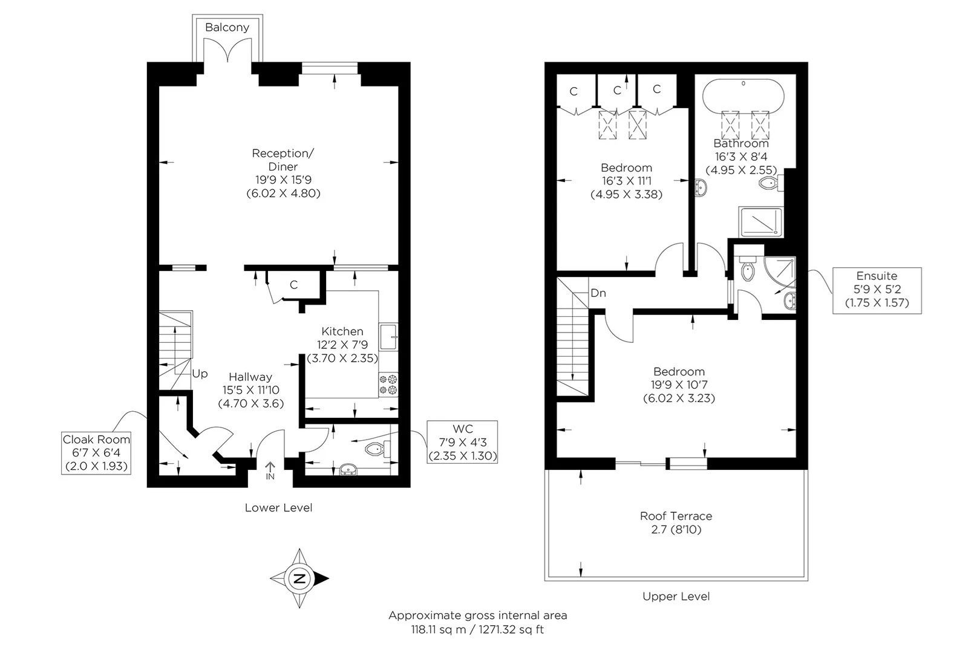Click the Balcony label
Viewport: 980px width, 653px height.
[x=227, y=27]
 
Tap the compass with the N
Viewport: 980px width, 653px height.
[x=299, y=578]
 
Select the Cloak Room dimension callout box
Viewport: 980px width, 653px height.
[x=96, y=453]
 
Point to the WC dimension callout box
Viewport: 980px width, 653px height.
[x=462, y=442]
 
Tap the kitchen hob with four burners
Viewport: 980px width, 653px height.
[x=388, y=385]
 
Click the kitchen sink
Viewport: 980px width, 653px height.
[x=388, y=337]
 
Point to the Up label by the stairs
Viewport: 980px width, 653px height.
[x=200, y=374]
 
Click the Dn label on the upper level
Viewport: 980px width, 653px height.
[x=598, y=293]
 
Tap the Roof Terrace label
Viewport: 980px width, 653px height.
[x=676, y=516]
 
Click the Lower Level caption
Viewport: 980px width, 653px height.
[x=279, y=508]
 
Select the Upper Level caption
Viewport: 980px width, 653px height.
[x=676, y=597]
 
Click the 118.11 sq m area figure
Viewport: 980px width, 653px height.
[x=439, y=630]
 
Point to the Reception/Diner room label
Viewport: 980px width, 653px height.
[x=284, y=160]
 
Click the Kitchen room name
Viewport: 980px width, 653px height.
[x=342, y=331]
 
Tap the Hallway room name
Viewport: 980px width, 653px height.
[x=250, y=377]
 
